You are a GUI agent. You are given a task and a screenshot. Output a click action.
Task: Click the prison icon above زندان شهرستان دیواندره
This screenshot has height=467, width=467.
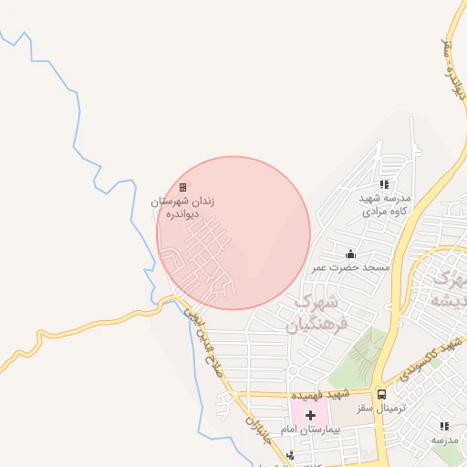click(183, 187)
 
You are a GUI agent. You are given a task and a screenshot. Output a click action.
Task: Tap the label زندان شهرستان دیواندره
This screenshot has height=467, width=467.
click(183, 208)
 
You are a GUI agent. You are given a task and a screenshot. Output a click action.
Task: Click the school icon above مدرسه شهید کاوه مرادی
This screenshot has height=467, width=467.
click(384, 184)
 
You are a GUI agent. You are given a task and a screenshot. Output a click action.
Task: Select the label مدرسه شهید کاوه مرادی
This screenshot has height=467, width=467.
click(384, 204)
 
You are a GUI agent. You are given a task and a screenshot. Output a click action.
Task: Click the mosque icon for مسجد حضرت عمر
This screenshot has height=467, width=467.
click(351, 254)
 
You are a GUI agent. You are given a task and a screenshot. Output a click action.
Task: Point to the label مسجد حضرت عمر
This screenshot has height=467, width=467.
click(351, 268)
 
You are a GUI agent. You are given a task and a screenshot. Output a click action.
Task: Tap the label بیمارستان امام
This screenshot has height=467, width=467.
click(334, 428)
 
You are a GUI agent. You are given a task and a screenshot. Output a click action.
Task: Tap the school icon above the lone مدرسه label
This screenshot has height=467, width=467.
click(444, 426)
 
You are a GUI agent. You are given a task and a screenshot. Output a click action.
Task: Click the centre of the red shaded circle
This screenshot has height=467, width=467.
click(233, 233)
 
